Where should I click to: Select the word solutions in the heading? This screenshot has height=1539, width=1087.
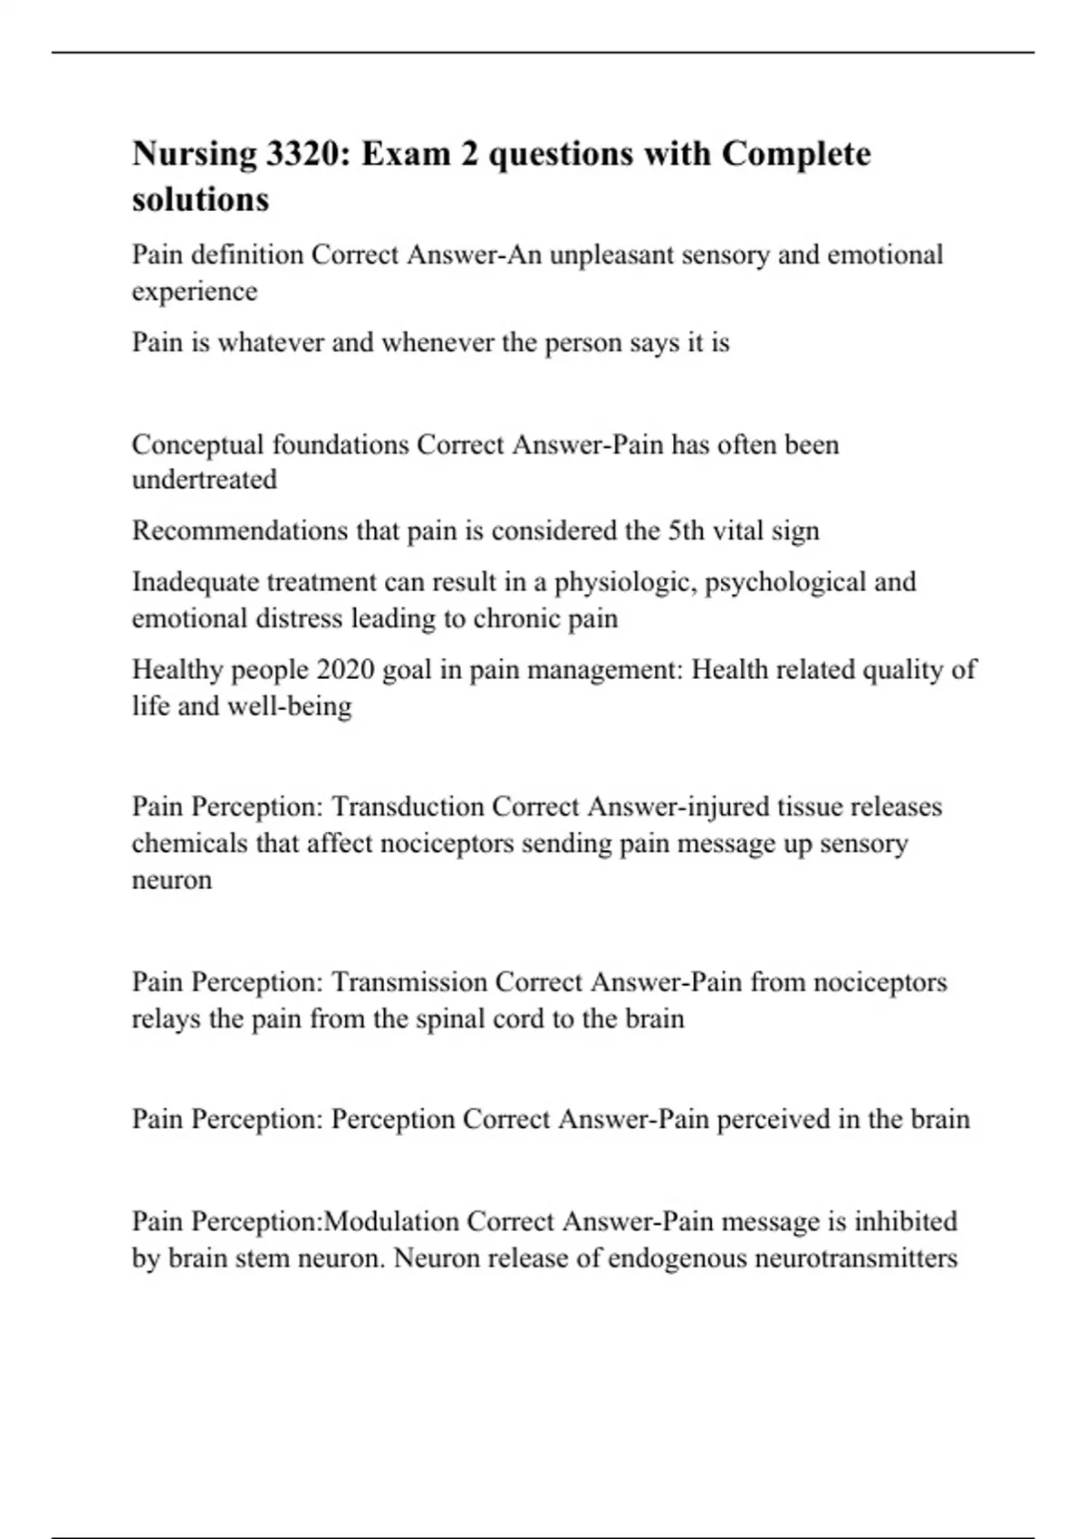click(x=200, y=199)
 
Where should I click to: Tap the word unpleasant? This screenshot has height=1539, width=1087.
click(x=611, y=255)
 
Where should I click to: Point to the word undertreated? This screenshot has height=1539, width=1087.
click(x=204, y=480)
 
